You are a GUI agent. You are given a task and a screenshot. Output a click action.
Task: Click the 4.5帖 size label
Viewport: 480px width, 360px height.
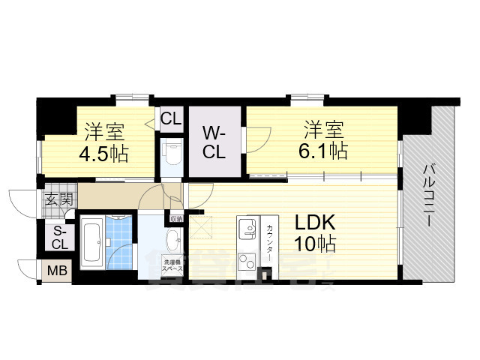click(x=103, y=155)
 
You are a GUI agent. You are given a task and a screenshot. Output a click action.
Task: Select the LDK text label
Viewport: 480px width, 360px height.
click(x=314, y=222)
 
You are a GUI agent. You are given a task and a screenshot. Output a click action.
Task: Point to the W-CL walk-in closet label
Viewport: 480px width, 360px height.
click(x=214, y=142)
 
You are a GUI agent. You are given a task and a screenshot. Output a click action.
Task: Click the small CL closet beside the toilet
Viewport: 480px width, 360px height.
click(x=171, y=118)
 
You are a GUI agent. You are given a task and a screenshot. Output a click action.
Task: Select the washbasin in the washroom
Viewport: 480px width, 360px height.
click(x=171, y=241)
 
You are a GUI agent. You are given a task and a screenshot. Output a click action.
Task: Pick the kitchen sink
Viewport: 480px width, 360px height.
click(x=247, y=228)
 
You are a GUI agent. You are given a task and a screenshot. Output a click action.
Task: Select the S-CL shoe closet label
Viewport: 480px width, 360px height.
click(x=59, y=238)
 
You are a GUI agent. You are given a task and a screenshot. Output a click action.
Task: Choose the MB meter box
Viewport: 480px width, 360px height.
click(x=56, y=270)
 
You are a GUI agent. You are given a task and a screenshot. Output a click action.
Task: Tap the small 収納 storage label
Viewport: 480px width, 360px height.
click(x=176, y=218)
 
